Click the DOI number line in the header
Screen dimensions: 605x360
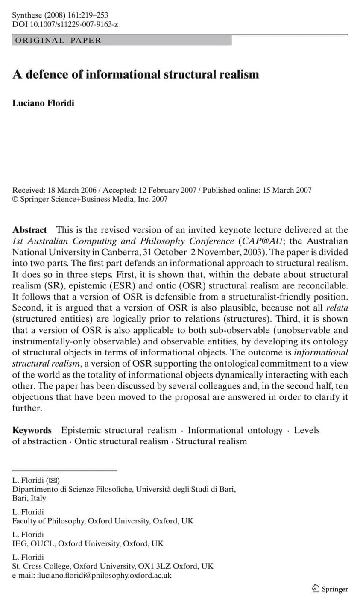[65, 24]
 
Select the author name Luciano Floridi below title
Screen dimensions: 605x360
[43, 103]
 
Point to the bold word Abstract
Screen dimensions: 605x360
[29, 230]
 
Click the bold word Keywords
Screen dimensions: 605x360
[32, 430]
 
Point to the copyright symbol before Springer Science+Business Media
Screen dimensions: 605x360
[16, 199]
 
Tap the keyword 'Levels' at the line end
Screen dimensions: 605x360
[307, 430]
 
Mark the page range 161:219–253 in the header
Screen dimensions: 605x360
[88, 15]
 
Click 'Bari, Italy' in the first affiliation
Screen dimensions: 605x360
[29, 498]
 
